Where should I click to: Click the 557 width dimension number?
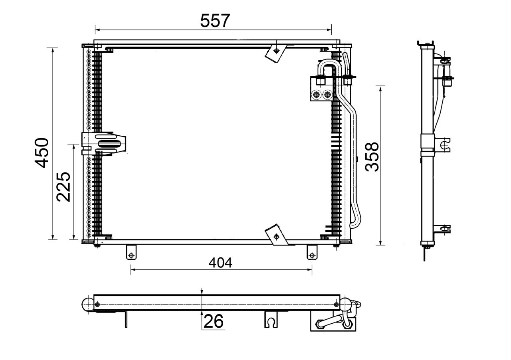click(x=215, y=21)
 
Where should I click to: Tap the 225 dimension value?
click(x=63, y=187)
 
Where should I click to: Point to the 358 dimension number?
click(x=372, y=156)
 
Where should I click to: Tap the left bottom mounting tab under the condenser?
click(x=131, y=252)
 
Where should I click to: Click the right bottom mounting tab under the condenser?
click(x=311, y=252)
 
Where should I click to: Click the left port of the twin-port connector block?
click(x=317, y=95)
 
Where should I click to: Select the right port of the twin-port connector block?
click(x=328, y=95)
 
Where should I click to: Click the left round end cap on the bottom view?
click(x=87, y=305)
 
